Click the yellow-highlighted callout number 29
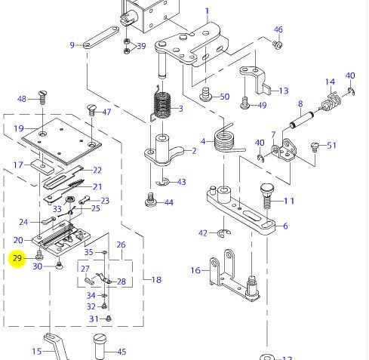[17, 258]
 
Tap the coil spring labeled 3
[162, 105]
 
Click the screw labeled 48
[42, 97]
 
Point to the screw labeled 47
[91, 110]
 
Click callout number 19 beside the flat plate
[19, 128]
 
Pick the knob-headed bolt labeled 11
[267, 196]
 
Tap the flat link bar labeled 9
[101, 38]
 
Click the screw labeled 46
[277, 45]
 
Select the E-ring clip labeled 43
[162, 183]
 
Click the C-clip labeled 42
[223, 233]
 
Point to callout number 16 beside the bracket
[195, 270]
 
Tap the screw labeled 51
[315, 147]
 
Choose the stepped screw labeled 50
[206, 94]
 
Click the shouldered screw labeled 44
[151, 200]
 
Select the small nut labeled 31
[109, 318]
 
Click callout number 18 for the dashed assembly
[156, 280]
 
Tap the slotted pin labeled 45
[100, 346]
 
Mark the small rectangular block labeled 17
[42, 167]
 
